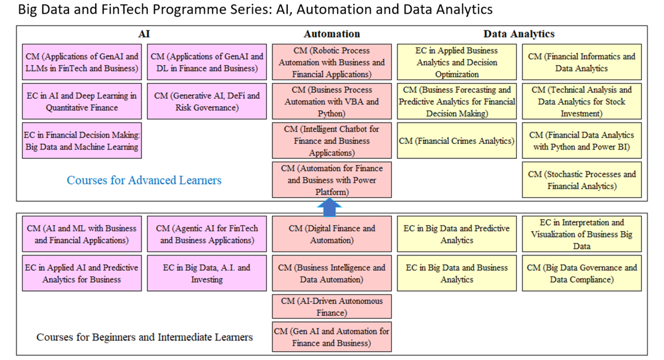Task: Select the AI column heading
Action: coord(144,34)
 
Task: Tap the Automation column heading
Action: coord(331,34)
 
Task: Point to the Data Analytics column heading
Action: coord(519,34)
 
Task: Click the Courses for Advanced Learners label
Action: coord(144,180)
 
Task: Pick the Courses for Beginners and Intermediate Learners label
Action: coord(144,337)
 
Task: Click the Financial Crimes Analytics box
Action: coord(457,141)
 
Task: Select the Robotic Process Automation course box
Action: coord(331,62)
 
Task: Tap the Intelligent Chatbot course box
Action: coord(331,141)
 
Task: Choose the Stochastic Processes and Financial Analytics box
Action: coord(582,180)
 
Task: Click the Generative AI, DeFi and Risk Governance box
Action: coord(207,102)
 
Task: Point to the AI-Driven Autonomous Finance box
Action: coord(331,307)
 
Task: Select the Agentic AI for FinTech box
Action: coord(207,234)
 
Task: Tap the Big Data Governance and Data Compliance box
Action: coord(582,273)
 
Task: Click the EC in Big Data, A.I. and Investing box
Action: coord(207,273)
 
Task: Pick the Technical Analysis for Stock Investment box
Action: coord(582,102)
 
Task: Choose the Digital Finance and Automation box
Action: coord(331,234)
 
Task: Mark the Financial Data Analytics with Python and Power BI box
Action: coord(582,141)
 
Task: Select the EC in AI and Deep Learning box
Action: coord(81,102)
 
